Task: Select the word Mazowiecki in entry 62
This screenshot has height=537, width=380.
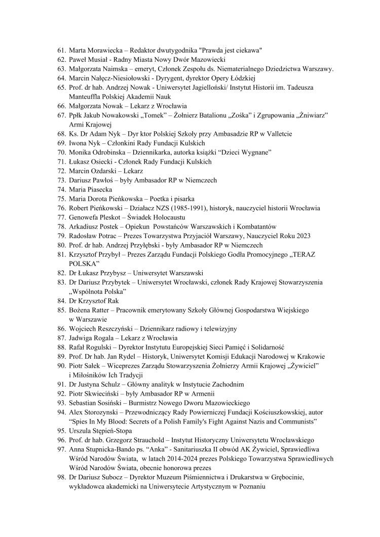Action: click(166, 60)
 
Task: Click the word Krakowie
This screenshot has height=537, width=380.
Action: click(310, 356)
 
